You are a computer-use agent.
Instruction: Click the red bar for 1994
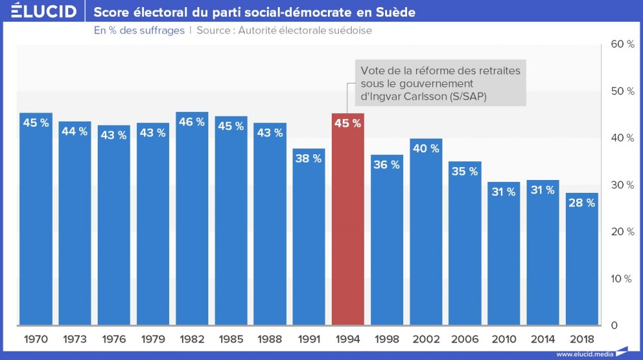pyautogui.click(x=348, y=219)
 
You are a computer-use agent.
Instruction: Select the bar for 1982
pyautogui.click(x=192, y=219)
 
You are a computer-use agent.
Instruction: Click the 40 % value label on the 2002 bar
pyautogui.click(x=426, y=148)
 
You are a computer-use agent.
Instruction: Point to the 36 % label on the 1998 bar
pyautogui.click(x=386, y=165)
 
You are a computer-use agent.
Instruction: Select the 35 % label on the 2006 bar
pyautogui.click(x=465, y=172)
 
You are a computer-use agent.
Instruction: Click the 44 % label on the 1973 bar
pyautogui.click(x=75, y=131)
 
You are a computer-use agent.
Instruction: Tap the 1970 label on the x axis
pyautogui.click(x=36, y=339)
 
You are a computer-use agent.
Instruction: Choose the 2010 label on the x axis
pyautogui.click(x=503, y=339)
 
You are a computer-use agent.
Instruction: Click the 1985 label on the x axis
pyautogui.click(x=231, y=339)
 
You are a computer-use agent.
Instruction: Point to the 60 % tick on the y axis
pyautogui.click(x=622, y=44)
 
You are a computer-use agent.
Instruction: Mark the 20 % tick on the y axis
pyautogui.click(x=622, y=231)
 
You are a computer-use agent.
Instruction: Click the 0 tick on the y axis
pyautogui.click(x=614, y=325)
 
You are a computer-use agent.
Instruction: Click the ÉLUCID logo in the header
pyautogui.click(x=44, y=12)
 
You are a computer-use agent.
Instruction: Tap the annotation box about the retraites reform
pyautogui.click(x=440, y=83)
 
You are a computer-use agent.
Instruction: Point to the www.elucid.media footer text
pyautogui.click(x=584, y=354)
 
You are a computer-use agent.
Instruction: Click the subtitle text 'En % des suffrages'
pyautogui.click(x=139, y=30)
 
